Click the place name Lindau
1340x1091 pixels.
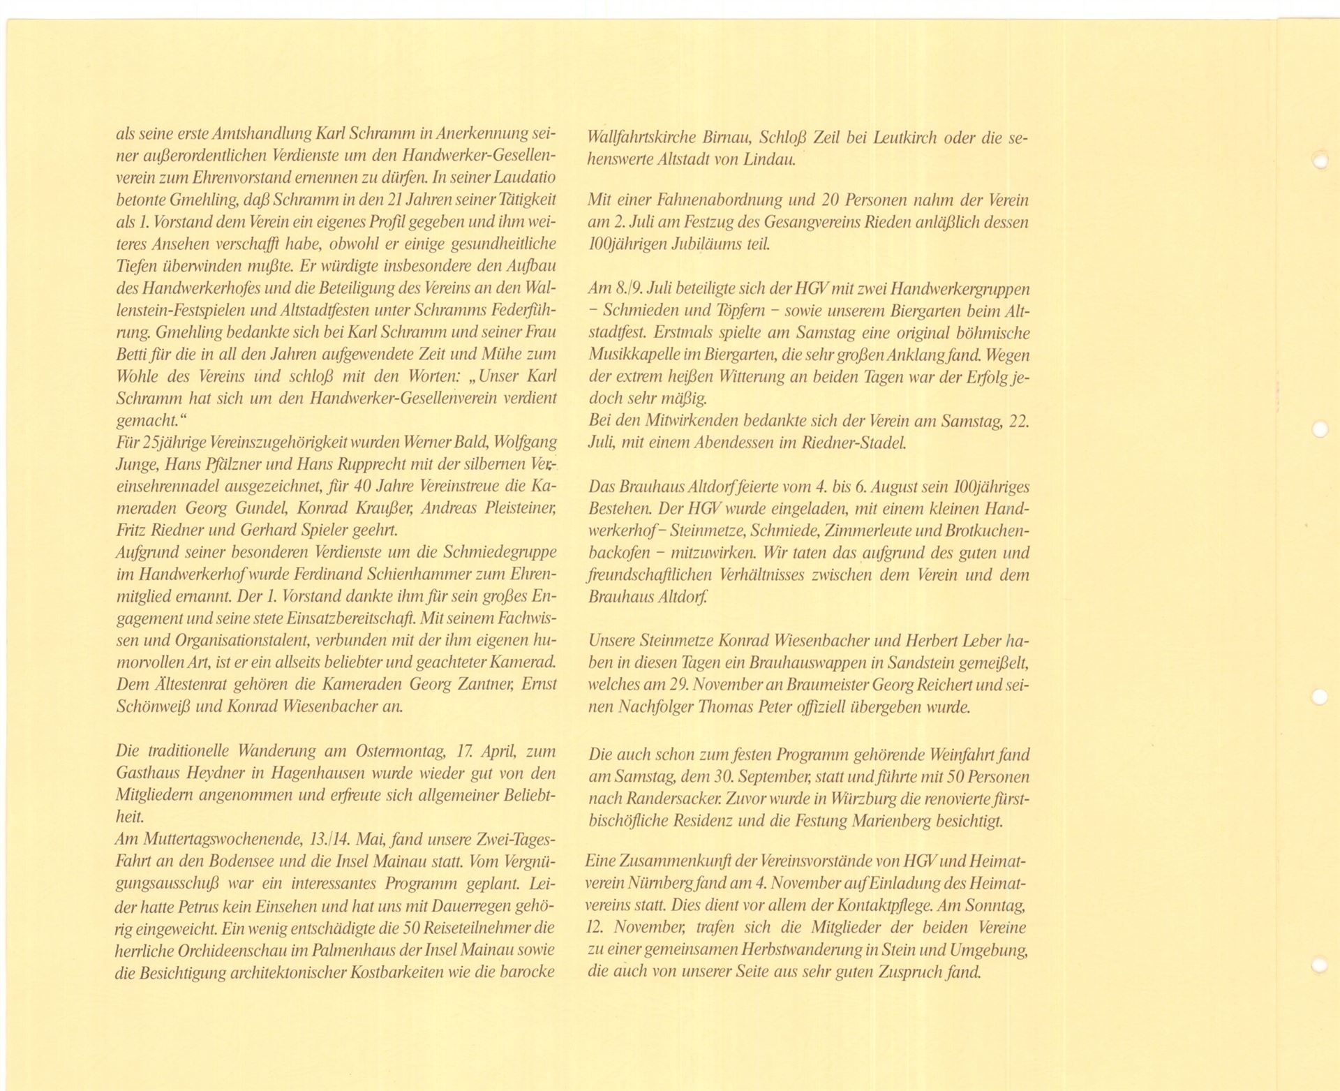[x=769, y=159]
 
